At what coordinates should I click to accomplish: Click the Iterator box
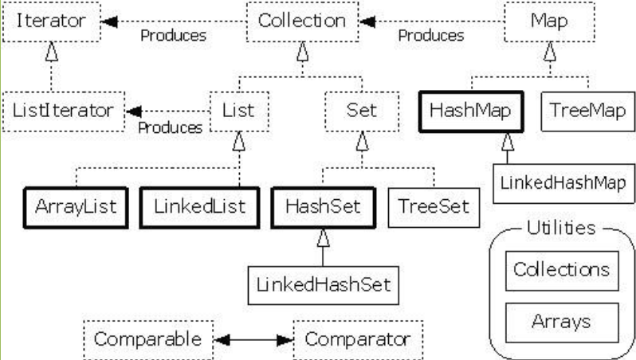coord(52,22)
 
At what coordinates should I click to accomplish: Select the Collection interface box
coord(303,22)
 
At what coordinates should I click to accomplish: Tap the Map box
coord(550,22)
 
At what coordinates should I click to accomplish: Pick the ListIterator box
coord(64,112)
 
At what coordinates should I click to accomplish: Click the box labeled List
coord(239,112)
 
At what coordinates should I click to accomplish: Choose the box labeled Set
coord(362,112)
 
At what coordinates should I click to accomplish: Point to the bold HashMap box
coord(471,112)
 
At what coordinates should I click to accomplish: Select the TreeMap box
coord(588,112)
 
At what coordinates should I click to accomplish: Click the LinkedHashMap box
coord(563,183)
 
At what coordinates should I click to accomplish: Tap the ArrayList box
coord(77,208)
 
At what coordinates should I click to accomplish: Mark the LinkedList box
coord(199,208)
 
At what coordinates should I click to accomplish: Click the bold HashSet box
coord(324,208)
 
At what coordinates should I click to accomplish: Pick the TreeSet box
coord(434,208)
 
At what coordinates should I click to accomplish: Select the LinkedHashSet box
coord(324,285)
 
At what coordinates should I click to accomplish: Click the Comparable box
coord(148,340)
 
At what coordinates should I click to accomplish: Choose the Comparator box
coord(358,340)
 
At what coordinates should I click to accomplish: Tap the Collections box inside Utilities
coord(562,271)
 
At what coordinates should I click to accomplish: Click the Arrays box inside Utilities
coord(562,323)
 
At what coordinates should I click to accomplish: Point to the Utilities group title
coord(561,229)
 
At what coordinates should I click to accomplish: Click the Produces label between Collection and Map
coord(431,36)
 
